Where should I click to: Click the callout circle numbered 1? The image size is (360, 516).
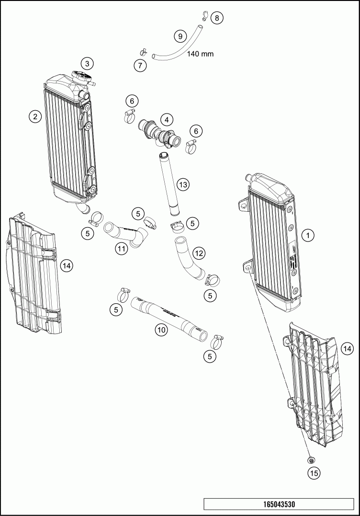[x=309, y=235]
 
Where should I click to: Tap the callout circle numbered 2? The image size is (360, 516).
[x=34, y=116]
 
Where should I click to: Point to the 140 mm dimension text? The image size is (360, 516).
[x=201, y=54]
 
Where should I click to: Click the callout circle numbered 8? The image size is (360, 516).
[x=217, y=18]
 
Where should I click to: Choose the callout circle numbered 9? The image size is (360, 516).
[x=180, y=36]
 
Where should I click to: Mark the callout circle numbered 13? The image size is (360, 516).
[x=182, y=184]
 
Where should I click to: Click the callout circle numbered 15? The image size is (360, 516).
[x=314, y=473]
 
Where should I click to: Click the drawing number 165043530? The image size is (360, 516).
[x=279, y=505]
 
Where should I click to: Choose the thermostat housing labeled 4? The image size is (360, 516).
[x=160, y=131]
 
